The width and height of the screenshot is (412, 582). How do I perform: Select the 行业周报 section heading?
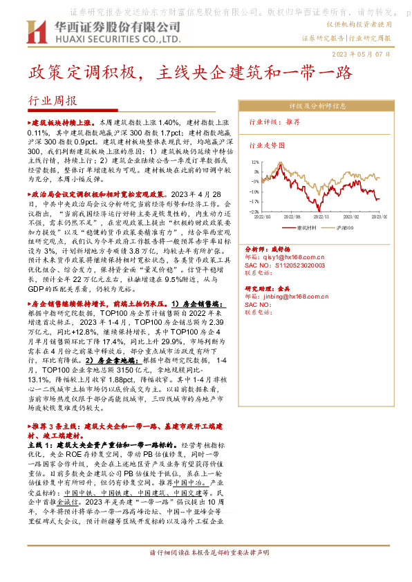tap(52, 101)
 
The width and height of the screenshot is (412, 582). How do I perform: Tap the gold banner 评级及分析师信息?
tap(317, 106)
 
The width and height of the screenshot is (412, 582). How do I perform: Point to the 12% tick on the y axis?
tap(255, 162)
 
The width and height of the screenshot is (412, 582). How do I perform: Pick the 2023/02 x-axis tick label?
tap(352, 216)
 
